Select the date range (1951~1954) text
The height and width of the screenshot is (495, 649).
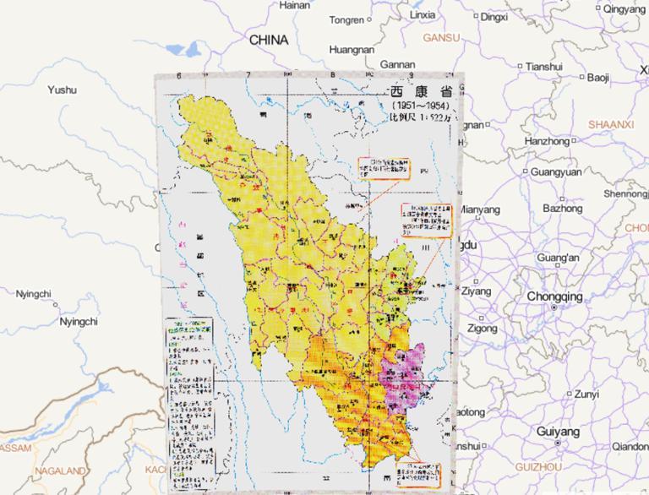coord(419,106)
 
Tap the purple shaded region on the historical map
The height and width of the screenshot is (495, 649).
coord(404,376)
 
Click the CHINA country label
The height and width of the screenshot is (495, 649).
coord(269,40)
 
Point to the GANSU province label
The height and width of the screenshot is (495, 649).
coord(441,38)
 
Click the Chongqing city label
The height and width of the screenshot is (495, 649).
coord(554,296)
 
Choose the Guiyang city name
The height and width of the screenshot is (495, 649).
coord(558,431)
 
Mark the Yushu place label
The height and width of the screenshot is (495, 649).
coord(62,90)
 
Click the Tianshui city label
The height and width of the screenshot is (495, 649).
coord(543,66)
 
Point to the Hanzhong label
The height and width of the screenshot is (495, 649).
coord(547,141)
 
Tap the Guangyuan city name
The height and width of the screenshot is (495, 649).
coord(556,171)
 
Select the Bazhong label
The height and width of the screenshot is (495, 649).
coord(562,208)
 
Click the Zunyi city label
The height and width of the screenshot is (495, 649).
coord(586,394)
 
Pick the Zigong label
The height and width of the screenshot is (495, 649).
coord(482,328)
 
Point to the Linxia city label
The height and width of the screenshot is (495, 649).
coord(423,14)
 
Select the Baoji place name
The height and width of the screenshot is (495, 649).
coord(598,78)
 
